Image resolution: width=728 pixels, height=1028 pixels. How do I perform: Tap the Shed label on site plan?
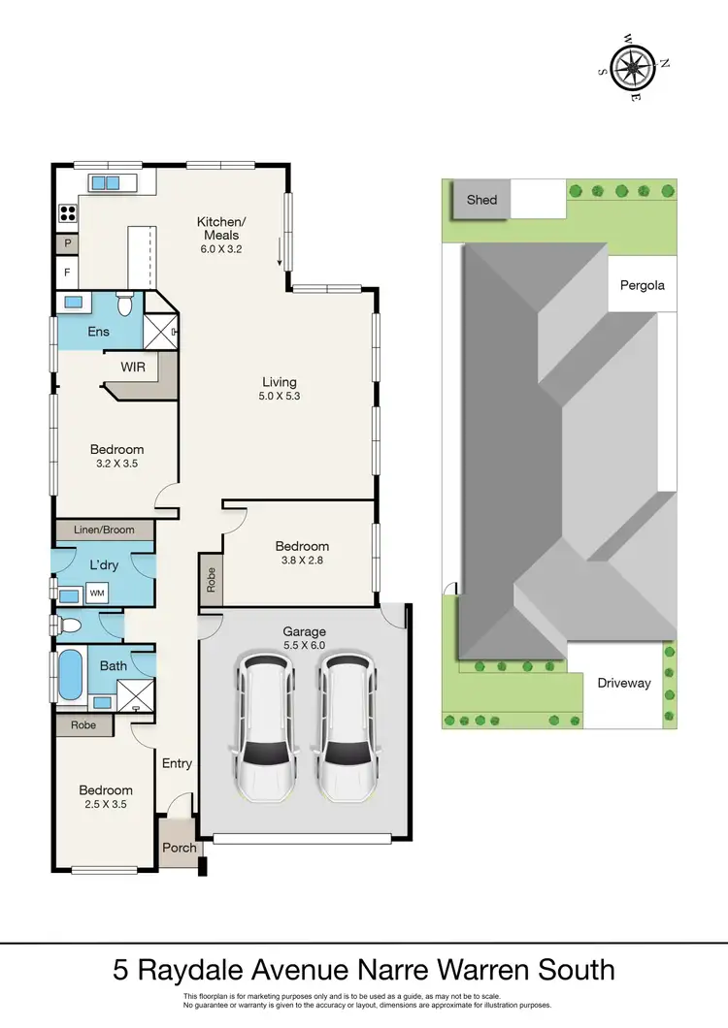click(481, 200)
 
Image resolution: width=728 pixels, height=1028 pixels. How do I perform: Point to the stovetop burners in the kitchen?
click(69, 213)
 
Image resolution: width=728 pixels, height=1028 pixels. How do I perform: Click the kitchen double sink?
click(106, 182)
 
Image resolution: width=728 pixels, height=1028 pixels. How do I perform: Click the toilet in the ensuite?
click(124, 305)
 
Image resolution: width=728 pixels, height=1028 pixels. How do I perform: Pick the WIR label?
click(133, 368)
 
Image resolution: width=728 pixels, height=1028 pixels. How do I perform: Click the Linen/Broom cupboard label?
click(104, 530)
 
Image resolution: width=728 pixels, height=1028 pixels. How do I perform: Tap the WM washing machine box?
click(98, 592)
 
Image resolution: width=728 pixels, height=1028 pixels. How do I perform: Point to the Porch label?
click(179, 848)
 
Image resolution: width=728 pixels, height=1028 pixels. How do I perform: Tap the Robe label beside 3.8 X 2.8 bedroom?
click(211, 579)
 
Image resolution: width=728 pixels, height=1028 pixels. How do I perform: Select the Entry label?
click(177, 763)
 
